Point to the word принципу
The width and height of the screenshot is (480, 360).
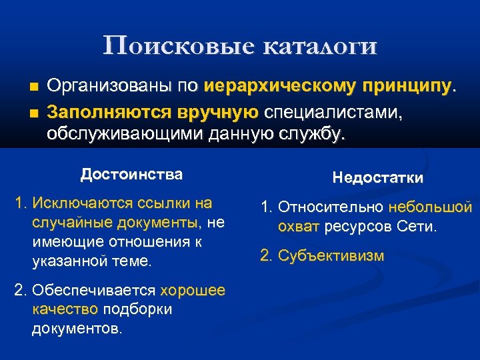pyautogui.click(x=407, y=86)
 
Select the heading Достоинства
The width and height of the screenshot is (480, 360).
pyautogui.click(x=131, y=175)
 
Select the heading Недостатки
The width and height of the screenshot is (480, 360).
pyautogui.click(x=377, y=178)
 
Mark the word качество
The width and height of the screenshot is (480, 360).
pyautogui.click(x=64, y=310)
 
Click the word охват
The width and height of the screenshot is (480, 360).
pyautogui.click(x=299, y=227)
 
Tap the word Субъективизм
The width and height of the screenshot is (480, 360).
pyautogui.click(x=331, y=255)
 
